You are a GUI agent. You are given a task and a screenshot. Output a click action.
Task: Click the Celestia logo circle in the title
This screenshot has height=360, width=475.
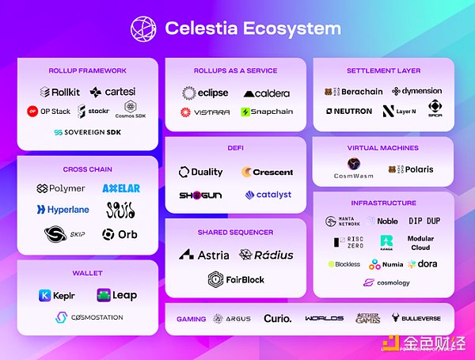click(144, 28)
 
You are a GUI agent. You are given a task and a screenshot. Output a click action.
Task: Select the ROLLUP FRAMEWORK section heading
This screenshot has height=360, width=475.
click(87, 70)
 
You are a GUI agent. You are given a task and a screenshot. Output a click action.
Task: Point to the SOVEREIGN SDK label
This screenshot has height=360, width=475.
click(87, 132)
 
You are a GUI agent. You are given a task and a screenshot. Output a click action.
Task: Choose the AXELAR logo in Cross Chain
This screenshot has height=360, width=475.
click(121, 188)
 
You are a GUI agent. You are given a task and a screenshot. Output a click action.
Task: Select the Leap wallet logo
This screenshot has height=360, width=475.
click(116, 295)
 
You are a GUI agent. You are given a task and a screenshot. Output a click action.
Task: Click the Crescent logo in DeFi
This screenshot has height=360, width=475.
click(268, 172)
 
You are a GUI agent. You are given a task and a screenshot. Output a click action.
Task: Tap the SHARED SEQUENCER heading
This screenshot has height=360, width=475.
click(235, 233)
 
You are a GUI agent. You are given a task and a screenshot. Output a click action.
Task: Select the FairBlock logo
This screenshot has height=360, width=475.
click(236, 279)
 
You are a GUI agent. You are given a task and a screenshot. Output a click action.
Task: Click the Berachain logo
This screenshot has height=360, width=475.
click(353, 92)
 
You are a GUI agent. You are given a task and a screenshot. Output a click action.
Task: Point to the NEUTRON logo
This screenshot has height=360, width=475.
click(348, 111)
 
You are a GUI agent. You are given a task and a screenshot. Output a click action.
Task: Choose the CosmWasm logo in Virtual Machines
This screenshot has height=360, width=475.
click(353, 170)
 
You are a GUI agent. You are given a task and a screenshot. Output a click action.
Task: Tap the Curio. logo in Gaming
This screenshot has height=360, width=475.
click(276, 319)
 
